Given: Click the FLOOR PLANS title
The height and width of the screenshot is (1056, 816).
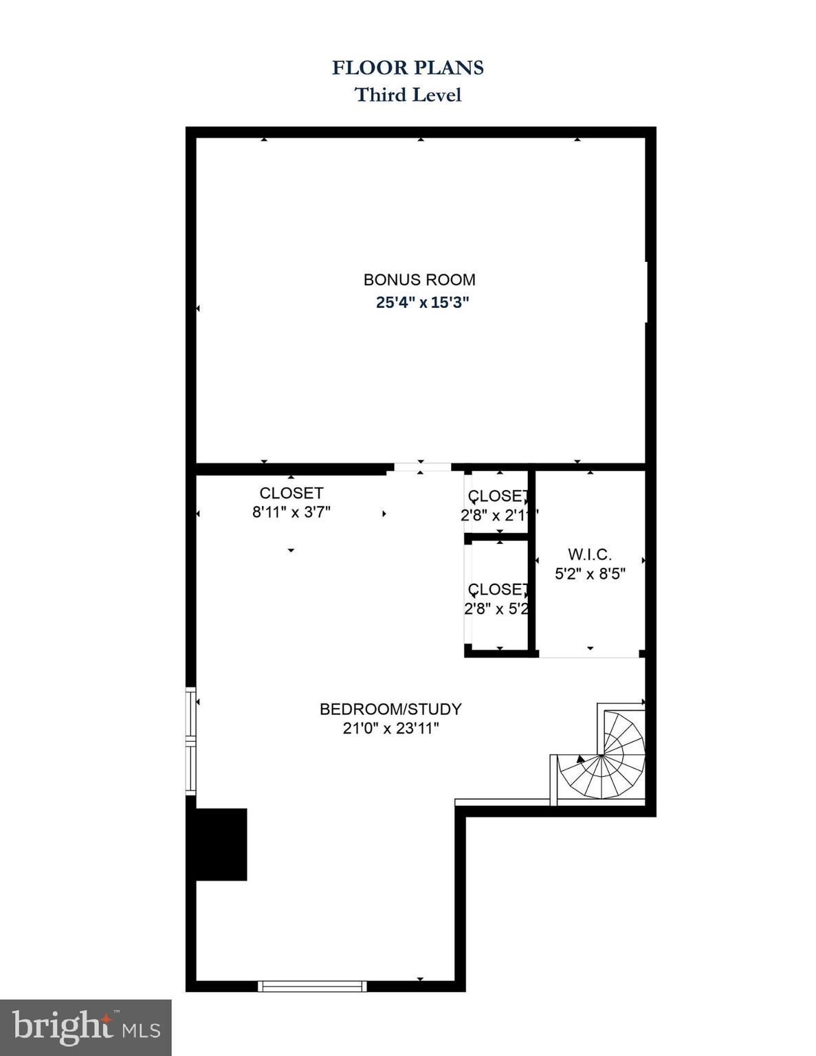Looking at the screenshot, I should coord(408,67).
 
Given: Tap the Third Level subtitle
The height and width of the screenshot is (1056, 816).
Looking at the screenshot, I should coord(408,94).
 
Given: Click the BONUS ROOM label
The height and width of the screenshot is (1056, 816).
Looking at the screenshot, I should coord(419,280).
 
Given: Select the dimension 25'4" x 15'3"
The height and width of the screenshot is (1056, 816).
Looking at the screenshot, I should coord(422,302).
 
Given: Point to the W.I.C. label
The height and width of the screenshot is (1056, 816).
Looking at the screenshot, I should coord(590,554).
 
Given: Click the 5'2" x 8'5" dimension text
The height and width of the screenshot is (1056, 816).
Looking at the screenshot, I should coord(590,573).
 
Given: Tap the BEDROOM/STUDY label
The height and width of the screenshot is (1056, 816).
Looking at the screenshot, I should coord(390,709).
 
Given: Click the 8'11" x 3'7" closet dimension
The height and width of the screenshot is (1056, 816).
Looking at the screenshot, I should coord(291,512).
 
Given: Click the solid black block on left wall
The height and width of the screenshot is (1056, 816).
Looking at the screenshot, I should coord(221,844).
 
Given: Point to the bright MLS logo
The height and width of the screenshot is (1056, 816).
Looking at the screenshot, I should coord(85,1028).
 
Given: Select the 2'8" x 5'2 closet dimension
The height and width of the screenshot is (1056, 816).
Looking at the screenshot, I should coord(496,608).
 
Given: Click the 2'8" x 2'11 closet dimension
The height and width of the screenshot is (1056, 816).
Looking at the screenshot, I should coord(498,515).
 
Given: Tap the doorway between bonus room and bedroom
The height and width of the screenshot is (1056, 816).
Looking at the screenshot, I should coord(419,468).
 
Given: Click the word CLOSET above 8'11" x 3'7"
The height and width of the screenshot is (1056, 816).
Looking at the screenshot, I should coord(291,493).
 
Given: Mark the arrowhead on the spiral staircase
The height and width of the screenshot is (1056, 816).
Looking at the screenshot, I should coord(581,759).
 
